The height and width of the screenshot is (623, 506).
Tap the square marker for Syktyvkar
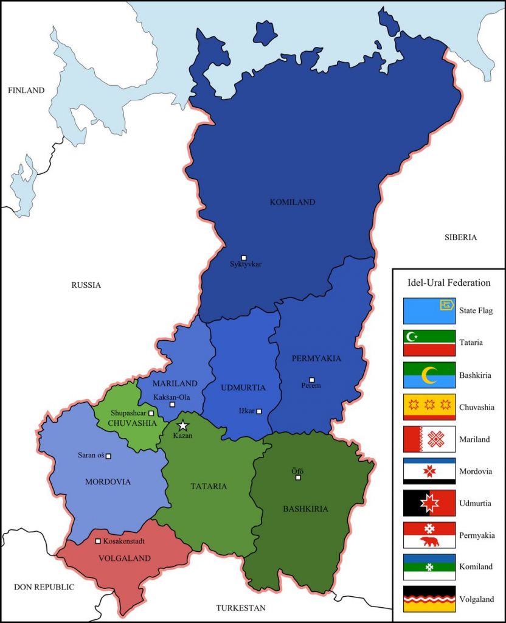point(244,258)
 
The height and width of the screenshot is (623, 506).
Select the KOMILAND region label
point(292,202)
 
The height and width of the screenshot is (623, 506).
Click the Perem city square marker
point(311,380)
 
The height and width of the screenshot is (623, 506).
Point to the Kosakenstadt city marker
point(98,541)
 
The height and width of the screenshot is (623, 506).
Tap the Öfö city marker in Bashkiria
point(298,478)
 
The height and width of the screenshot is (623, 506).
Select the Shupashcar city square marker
point(151,413)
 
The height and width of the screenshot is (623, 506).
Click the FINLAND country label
point(26,90)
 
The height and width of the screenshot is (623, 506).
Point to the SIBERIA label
point(460,237)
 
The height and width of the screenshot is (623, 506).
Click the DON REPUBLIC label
point(44,587)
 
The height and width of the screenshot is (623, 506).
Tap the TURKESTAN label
point(241,608)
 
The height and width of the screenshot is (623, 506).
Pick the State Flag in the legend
point(429,310)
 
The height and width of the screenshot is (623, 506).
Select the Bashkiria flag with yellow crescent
point(429,375)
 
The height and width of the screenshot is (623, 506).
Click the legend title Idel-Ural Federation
point(448,282)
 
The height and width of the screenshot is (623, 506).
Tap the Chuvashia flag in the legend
point(429,407)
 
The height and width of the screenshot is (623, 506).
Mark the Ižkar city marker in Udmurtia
point(259,411)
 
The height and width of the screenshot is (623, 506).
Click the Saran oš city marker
point(109,456)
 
